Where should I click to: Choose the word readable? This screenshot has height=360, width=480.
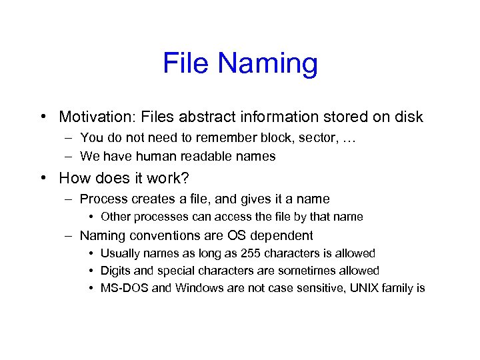tap(210, 157)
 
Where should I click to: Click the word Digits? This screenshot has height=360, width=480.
tap(115, 271)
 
